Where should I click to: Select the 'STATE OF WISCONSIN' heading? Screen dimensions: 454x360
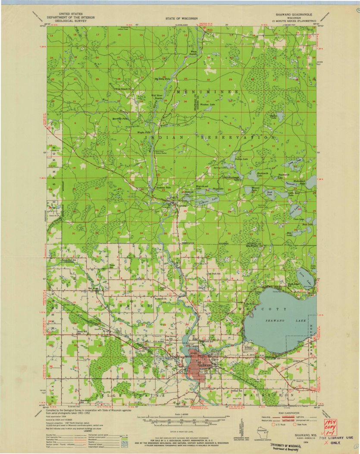pyautogui.click(x=181, y=19)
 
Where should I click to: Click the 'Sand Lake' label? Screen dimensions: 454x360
pyautogui.click(x=269, y=194)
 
